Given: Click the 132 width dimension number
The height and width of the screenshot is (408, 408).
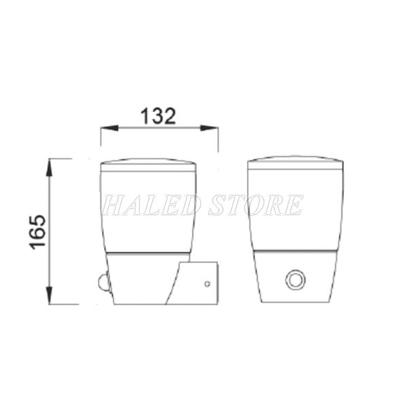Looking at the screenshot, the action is click(x=158, y=116).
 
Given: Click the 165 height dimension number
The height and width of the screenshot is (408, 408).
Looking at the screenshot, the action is click(x=37, y=232).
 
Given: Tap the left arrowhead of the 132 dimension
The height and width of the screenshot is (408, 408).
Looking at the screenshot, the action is click(x=109, y=128).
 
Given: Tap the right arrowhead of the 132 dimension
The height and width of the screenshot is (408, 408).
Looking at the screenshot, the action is click(x=209, y=128).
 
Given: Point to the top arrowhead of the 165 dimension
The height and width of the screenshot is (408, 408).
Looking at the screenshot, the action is click(x=50, y=167).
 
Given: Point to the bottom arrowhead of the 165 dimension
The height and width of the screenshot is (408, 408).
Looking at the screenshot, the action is click(x=50, y=295).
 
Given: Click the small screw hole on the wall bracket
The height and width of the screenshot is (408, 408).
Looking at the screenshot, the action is click(x=207, y=284).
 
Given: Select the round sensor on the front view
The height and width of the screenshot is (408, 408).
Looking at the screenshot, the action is click(x=296, y=279).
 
